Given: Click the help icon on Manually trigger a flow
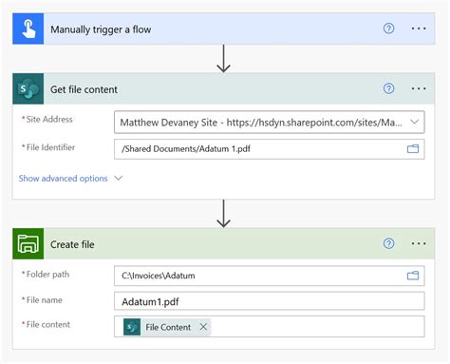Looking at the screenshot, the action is pyautogui.click(x=388, y=29).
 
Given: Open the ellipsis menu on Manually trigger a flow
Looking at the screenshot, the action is pyautogui.click(x=419, y=29).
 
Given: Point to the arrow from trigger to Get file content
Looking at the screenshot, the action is pyautogui.click(x=224, y=59).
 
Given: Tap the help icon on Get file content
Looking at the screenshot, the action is pyautogui.click(x=388, y=89).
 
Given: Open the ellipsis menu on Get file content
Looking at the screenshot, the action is pyautogui.click(x=419, y=89).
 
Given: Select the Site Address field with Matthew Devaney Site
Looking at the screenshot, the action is pyautogui.click(x=256, y=123).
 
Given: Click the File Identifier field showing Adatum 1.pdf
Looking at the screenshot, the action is pyautogui.click(x=256, y=148).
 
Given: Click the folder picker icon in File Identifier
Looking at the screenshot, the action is pyautogui.click(x=413, y=148).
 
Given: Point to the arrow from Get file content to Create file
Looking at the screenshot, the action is pyautogui.click(x=224, y=214).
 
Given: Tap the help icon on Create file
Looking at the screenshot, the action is pyautogui.click(x=388, y=244).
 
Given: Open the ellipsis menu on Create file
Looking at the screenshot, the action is pyautogui.click(x=419, y=244).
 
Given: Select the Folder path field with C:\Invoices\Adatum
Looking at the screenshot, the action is pyautogui.click(x=256, y=276).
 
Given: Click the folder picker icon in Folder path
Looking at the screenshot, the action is pyautogui.click(x=413, y=276).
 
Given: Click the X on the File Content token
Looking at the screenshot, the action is pyautogui.click(x=202, y=327).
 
